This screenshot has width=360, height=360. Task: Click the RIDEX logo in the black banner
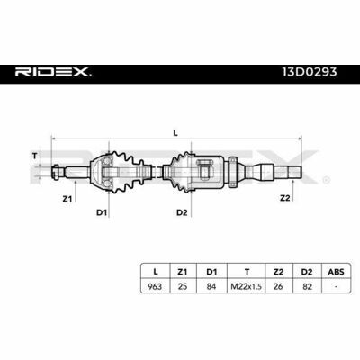[x=53, y=72]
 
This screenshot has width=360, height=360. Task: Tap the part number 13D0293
[x=310, y=72]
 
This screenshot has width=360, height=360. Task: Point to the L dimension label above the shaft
[x=175, y=133]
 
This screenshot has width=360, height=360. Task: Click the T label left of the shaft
[x=35, y=156]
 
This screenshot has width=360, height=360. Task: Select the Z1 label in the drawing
[x=67, y=198]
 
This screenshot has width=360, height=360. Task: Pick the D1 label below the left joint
[x=102, y=212]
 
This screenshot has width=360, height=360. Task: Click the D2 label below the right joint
[x=182, y=212]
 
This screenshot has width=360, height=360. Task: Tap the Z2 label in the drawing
[x=285, y=198]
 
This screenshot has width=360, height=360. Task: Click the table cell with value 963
[x=155, y=286]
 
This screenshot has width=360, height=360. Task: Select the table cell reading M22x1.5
[x=246, y=286]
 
